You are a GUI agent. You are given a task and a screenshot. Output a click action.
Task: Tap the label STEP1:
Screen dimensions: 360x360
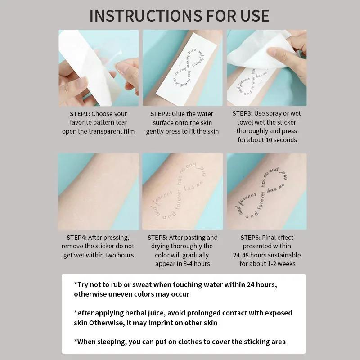click(80, 114)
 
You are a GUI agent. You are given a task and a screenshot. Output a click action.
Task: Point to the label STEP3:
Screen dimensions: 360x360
click(243, 113)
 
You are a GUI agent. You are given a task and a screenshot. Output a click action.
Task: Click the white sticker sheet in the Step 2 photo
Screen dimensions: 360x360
click(180, 67)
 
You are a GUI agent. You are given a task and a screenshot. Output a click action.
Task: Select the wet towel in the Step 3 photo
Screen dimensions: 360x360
click(261, 52)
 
